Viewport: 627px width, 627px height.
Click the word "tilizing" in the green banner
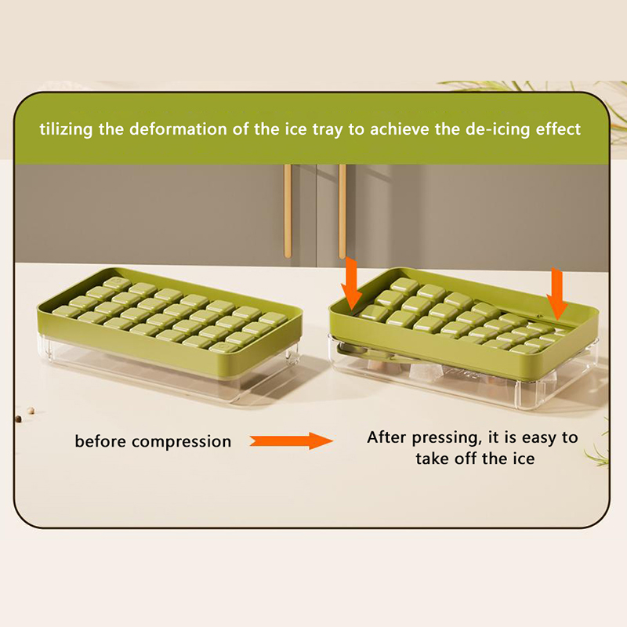pyautogui.click(x=66, y=129)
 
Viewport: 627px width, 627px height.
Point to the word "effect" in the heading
pyautogui.click(x=559, y=129)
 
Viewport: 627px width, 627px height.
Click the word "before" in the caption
pyautogui.click(x=101, y=441)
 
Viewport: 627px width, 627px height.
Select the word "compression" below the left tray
pyautogui.click(x=182, y=442)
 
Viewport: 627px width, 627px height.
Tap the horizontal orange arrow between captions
pyautogui.click(x=292, y=440)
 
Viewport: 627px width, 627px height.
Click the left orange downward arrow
pyautogui.click(x=351, y=283)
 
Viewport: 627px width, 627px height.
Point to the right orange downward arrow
pyautogui.click(x=557, y=294)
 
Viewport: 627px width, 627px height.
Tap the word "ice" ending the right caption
pyautogui.click(x=523, y=458)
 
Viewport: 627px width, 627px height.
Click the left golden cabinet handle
pyautogui.click(x=288, y=211)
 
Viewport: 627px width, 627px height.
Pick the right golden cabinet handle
pyautogui.click(x=342, y=211)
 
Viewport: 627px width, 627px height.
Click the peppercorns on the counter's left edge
pyautogui.click(x=24, y=415)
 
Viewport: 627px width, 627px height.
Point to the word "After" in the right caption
pyautogui.click(x=387, y=437)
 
